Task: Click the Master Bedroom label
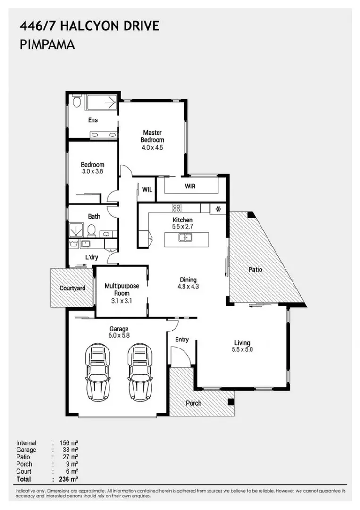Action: coord(152,136)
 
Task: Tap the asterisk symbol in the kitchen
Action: coord(218,209)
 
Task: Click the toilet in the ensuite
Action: coord(76,102)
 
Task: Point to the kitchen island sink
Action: coord(185,238)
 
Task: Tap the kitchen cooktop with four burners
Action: coord(176,208)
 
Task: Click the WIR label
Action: coord(190,187)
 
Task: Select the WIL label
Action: coord(147,190)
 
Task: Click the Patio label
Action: coord(255,269)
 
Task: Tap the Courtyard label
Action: coord(73,288)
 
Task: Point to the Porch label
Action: coord(193,403)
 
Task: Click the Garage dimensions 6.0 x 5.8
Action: coord(119,335)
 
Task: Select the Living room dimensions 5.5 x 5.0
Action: coord(243,349)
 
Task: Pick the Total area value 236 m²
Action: coord(69,479)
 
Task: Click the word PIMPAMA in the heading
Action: coord(48,44)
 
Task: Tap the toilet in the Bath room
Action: coord(91,230)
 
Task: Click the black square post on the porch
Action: coord(231,402)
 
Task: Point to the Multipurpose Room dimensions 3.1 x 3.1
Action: coord(122,301)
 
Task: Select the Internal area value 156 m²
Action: coord(69,442)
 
